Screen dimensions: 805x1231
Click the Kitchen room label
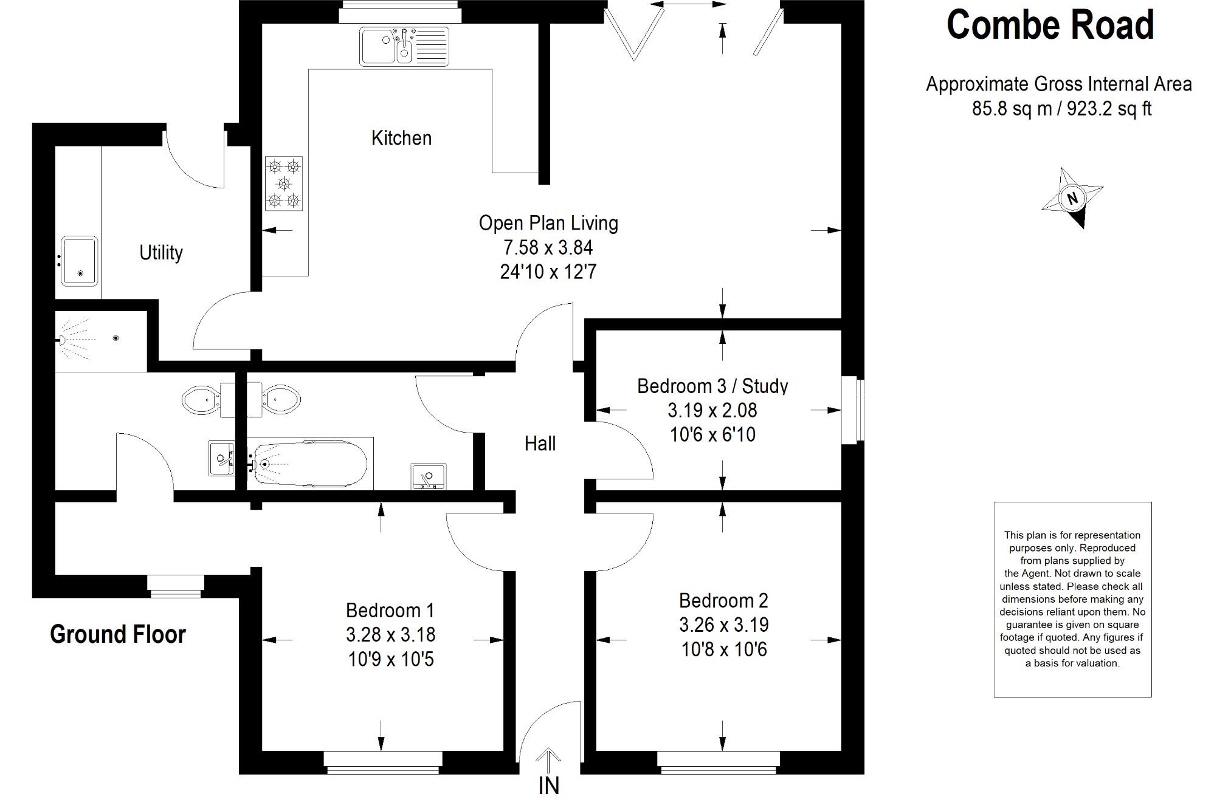tap(401, 138)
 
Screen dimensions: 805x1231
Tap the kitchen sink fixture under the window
tap(404, 46)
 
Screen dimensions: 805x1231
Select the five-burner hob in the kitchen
tap(284, 183)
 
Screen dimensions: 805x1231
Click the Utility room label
tap(161, 252)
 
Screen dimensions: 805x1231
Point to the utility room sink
tap(79, 261)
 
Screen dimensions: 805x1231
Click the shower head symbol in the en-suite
tap(63, 340)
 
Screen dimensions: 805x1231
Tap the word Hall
tap(540, 444)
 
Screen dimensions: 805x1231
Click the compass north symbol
tap(1072, 198)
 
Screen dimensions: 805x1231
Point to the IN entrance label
tap(548, 786)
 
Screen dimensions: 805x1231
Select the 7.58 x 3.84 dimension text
tap(548, 248)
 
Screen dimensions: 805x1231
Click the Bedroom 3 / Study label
tap(712, 386)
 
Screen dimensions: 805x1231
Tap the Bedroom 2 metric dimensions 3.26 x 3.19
tap(724, 625)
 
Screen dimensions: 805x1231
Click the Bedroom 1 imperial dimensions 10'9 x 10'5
tap(391, 659)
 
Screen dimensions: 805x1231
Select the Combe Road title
tap(1050, 26)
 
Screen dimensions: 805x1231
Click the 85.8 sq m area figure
tap(1012, 109)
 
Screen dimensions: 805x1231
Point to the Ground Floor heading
tap(118, 634)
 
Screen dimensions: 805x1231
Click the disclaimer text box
tap(1072, 599)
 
